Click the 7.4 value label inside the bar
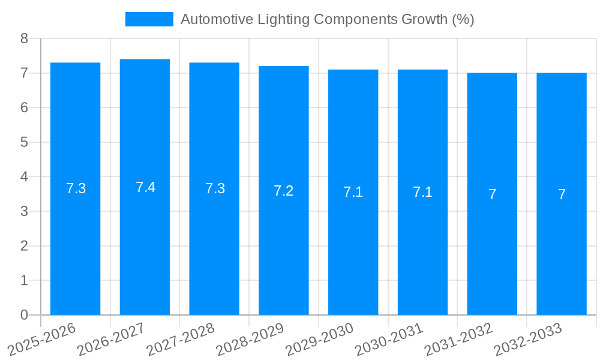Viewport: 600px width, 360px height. click(x=145, y=187)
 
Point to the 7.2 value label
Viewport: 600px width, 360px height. click(x=283, y=191)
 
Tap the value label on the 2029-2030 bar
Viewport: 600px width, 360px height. click(x=353, y=193)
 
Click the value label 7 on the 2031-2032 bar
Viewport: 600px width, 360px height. click(x=492, y=194)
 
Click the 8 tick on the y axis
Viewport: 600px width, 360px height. click(x=24, y=39)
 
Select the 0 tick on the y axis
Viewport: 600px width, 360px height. click(x=24, y=315)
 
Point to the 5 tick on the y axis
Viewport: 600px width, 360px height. click(x=24, y=142)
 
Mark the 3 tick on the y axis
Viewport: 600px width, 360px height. click(x=24, y=211)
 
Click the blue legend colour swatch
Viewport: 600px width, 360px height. click(x=149, y=19)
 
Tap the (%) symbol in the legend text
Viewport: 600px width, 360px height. click(x=463, y=19)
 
